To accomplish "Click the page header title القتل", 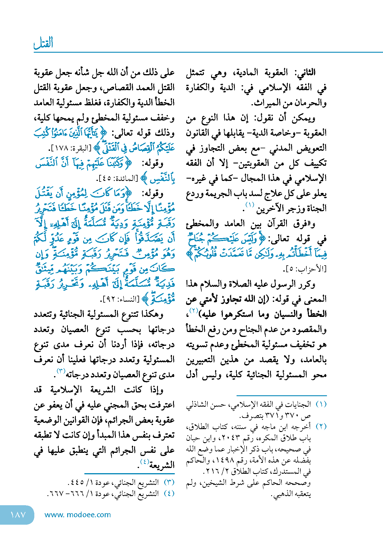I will (43, 43).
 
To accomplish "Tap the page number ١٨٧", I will (18, 515).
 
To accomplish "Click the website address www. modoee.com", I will (78, 515).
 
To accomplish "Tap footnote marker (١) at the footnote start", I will (321, 404).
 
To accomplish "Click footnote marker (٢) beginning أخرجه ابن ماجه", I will (321, 427).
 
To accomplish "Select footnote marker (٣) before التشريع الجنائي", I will (169, 482).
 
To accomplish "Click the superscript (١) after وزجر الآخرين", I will (250, 205).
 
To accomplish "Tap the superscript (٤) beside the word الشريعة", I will (144, 462).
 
